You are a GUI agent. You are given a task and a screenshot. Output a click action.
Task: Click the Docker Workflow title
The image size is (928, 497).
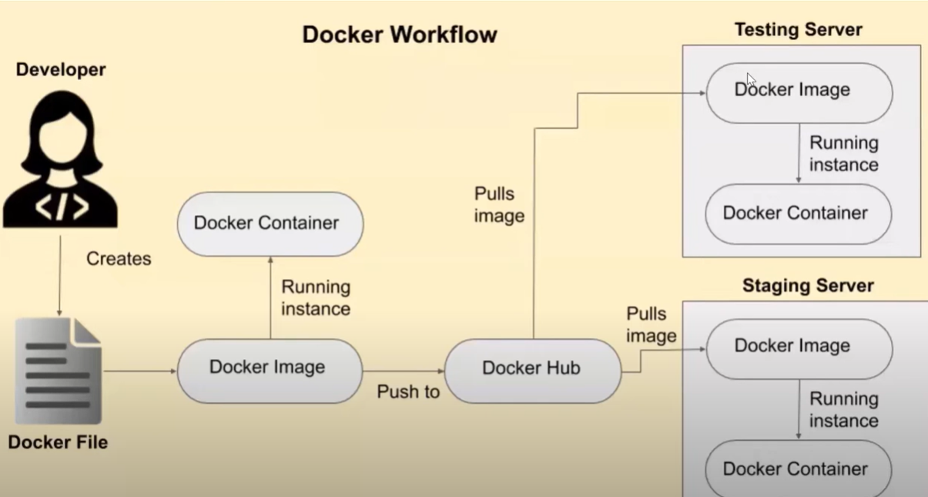[399, 35]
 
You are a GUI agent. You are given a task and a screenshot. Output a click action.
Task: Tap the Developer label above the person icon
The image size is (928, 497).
[61, 69]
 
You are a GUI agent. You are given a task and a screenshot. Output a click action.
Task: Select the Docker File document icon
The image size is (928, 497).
[59, 371]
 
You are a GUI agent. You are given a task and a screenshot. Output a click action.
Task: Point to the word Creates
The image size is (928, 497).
[119, 259]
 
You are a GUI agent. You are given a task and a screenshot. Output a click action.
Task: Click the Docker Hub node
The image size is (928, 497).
[532, 369]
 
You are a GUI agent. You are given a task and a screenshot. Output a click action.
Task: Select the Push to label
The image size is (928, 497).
[408, 392]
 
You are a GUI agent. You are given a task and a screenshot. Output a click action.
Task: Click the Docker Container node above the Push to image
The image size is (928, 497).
[270, 223]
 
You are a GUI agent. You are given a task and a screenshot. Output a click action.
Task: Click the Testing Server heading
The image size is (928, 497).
[798, 29]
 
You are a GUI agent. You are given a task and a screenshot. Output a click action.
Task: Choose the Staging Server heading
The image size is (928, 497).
[808, 286]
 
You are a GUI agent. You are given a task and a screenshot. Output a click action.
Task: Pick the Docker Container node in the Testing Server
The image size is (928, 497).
[798, 213]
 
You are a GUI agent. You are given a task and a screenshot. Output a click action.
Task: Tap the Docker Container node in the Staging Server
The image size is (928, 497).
[798, 468]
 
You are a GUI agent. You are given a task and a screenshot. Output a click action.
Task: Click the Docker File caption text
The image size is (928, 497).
[58, 442]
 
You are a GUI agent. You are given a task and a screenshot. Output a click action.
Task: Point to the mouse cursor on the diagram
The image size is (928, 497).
[751, 79]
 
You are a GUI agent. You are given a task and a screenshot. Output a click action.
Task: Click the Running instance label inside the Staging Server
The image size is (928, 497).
[843, 409]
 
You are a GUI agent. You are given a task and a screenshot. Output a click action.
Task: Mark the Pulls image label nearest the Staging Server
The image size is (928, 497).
[652, 324]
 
